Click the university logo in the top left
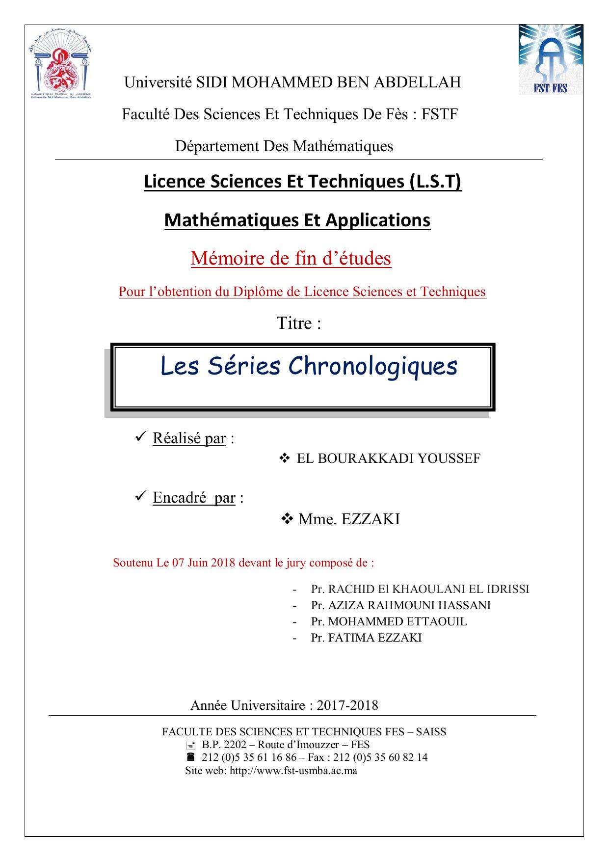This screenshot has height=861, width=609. (61, 61)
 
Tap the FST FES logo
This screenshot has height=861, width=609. (551, 59)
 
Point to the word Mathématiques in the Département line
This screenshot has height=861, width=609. (343, 146)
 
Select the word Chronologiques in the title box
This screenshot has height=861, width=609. (373, 366)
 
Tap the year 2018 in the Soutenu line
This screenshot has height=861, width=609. (223, 563)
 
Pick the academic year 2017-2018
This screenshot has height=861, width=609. (347, 705)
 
